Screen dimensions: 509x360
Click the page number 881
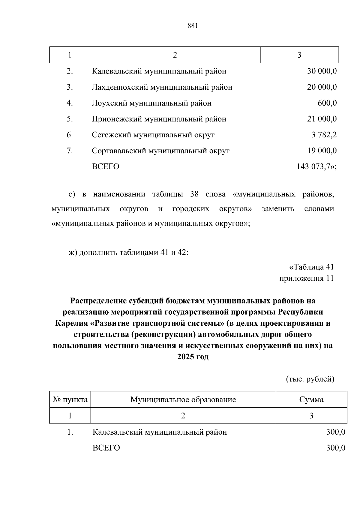click(x=193, y=26)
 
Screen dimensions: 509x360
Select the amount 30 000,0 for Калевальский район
click(x=322, y=71)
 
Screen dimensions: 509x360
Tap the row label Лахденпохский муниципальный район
click(x=162, y=87)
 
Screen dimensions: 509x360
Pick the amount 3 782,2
click(x=324, y=135)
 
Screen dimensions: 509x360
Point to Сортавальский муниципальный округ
click(x=160, y=151)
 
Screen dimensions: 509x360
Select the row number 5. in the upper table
click(x=70, y=119)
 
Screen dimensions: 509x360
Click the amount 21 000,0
click(x=322, y=119)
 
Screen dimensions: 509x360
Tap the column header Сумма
click(x=311, y=400)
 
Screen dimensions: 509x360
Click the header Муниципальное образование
click(x=183, y=400)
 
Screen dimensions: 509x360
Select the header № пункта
click(x=70, y=400)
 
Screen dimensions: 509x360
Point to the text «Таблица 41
click(x=311, y=267)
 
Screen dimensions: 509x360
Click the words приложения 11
click(x=306, y=278)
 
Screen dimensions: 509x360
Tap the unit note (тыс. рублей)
click(x=310, y=379)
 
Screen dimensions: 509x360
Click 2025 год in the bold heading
click(x=193, y=357)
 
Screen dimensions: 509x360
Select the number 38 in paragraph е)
click(x=194, y=194)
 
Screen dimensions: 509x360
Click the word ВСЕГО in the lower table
click(x=106, y=448)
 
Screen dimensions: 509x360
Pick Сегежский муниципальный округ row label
click(x=153, y=135)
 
